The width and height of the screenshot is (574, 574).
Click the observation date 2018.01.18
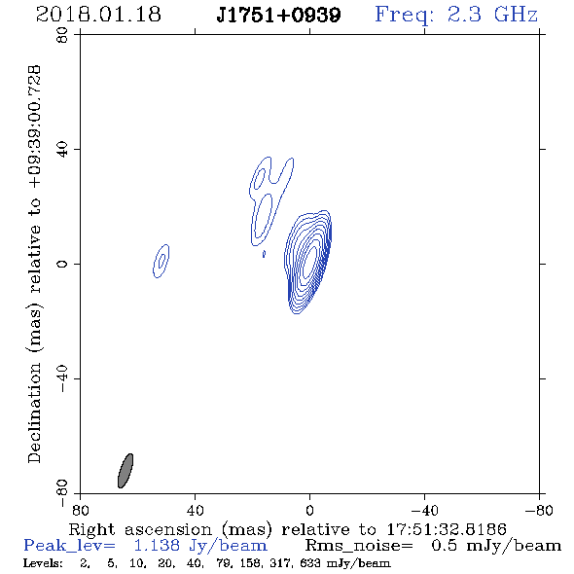pos(98,15)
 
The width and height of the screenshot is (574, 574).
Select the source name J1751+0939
pos(278,16)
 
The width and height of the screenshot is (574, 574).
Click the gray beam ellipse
pos(126,471)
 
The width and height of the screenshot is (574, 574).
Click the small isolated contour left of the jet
pos(161,261)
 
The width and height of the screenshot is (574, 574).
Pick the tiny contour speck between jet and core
pos(264,254)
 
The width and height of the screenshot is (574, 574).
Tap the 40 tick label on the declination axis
pos(62,150)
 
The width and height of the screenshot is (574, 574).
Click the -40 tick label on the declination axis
pos(62,378)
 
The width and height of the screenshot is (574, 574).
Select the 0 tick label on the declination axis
pos(62,264)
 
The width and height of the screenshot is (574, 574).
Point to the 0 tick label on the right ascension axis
pos(309,510)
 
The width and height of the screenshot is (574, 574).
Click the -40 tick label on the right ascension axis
pos(424,510)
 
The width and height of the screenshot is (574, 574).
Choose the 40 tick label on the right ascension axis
pos(195,510)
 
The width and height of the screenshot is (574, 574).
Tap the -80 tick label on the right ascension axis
pos(539,510)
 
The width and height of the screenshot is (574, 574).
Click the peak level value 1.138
pos(157,546)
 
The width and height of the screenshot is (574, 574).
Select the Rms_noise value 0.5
pos(444,546)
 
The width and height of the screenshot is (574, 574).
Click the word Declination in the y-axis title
pos(34,413)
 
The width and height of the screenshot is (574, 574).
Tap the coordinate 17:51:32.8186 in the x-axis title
pos(447,529)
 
